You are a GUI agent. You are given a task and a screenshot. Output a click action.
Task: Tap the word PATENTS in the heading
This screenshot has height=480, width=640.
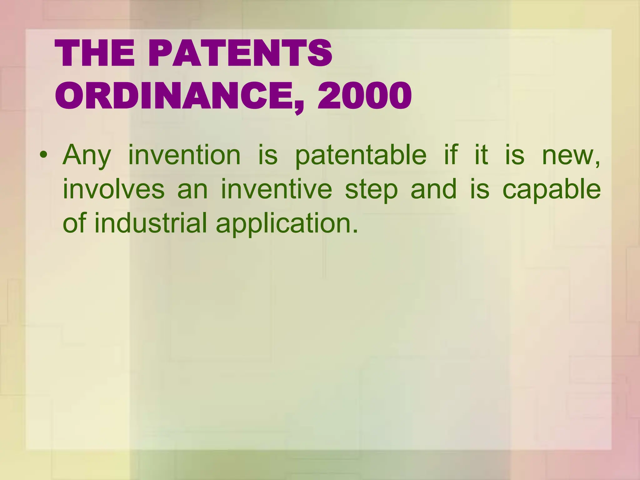coord(240,54)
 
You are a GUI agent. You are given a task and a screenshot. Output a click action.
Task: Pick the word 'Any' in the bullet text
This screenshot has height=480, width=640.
coord(87,155)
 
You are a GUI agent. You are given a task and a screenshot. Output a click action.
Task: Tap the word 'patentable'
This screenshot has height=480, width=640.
coord(361,155)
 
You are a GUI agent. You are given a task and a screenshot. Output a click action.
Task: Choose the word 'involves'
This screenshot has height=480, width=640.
coord(113,189)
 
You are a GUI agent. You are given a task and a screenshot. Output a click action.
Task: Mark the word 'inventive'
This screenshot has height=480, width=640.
coord(276,189)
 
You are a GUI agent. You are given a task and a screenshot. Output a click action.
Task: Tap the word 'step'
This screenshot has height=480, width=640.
coord(371,190)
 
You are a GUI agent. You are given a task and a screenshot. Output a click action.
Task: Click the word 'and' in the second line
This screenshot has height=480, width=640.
coord(433,189)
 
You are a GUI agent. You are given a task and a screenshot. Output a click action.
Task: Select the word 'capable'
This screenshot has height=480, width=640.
coord(552,190)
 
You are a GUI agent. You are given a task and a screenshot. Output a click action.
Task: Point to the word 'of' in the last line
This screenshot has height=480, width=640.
coord(74,223)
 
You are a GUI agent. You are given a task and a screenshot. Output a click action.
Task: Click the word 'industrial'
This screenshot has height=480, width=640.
coord(151,223)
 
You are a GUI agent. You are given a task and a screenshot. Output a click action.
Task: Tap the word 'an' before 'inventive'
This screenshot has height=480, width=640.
coord(192,190)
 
